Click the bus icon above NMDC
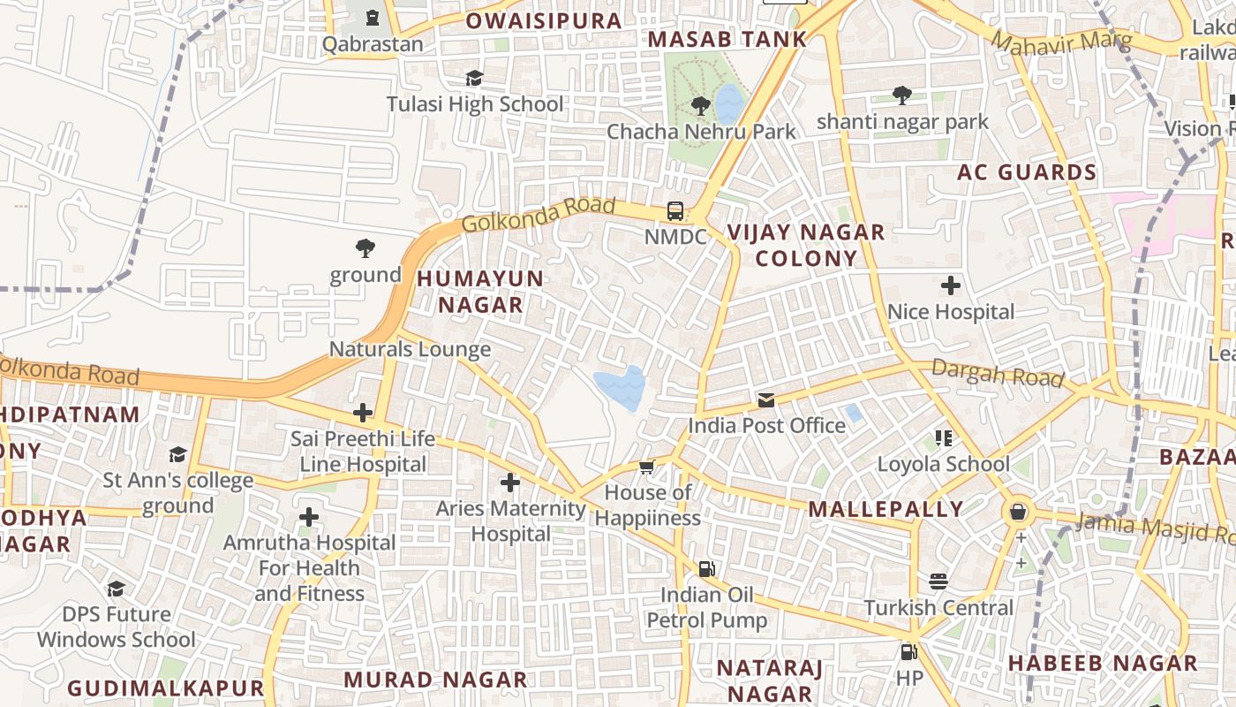(675, 211)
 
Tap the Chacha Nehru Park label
(701, 132)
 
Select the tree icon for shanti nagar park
(901, 95)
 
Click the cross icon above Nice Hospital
(951, 285)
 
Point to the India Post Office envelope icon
(766, 400)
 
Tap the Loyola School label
(943, 464)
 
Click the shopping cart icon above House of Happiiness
(647, 467)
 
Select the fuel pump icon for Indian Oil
(706, 568)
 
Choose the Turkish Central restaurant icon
(938, 582)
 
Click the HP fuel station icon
(908, 653)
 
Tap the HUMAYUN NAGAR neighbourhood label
(480, 292)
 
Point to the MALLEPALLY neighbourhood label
(886, 509)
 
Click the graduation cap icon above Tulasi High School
(474, 79)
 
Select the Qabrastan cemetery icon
(373, 18)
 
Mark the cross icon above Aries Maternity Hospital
(510, 483)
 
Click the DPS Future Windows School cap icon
(116, 589)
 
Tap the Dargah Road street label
(997, 374)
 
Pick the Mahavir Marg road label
(1049, 42)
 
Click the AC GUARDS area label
(1027, 172)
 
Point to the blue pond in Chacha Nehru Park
(729, 103)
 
